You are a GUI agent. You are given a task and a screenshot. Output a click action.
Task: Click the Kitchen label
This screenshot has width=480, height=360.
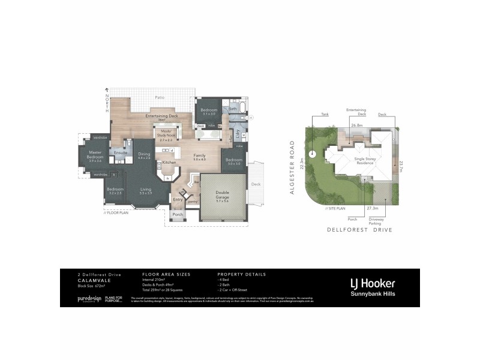coord(169,163)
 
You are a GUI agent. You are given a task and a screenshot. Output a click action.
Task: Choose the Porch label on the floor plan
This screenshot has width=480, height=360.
coord(178,214)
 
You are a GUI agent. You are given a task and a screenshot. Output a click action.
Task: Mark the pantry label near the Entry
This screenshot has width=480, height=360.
coord(193,202)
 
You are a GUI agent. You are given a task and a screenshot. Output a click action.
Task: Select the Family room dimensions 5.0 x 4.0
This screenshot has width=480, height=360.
coord(199,159)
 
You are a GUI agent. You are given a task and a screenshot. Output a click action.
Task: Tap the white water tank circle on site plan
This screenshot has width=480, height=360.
coord(312,154)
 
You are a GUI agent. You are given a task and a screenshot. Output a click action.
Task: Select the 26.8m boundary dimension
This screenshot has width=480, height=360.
coord(357,125)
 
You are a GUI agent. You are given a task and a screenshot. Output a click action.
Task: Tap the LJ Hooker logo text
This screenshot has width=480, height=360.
coord(372,283)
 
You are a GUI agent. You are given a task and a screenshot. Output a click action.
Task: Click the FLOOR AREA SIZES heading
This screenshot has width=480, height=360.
coord(166,274)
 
